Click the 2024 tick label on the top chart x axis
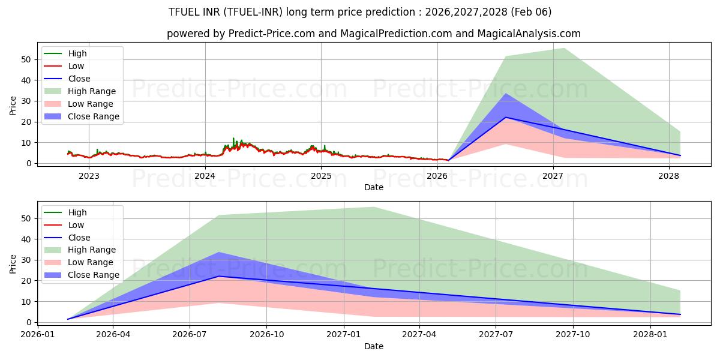pyautogui.click(x=205, y=176)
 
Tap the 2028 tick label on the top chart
pyautogui.click(x=668, y=176)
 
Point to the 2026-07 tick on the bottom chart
pyautogui.click(x=190, y=335)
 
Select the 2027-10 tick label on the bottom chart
pyautogui.click(x=573, y=335)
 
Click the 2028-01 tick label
pyautogui.click(x=650, y=335)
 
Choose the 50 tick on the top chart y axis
pyautogui.click(x=25, y=59)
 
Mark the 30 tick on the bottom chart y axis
pyautogui.click(x=25, y=260)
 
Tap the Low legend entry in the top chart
pyautogui.click(x=76, y=66)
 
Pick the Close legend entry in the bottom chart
pyautogui.click(x=79, y=238)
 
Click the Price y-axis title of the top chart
pyautogui.click(x=13, y=106)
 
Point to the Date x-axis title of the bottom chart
pyautogui.click(x=373, y=346)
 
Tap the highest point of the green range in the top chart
pyautogui.click(x=563, y=48)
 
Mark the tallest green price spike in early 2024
pyautogui.click(x=234, y=138)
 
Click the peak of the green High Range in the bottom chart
pyautogui.click(x=373, y=207)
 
